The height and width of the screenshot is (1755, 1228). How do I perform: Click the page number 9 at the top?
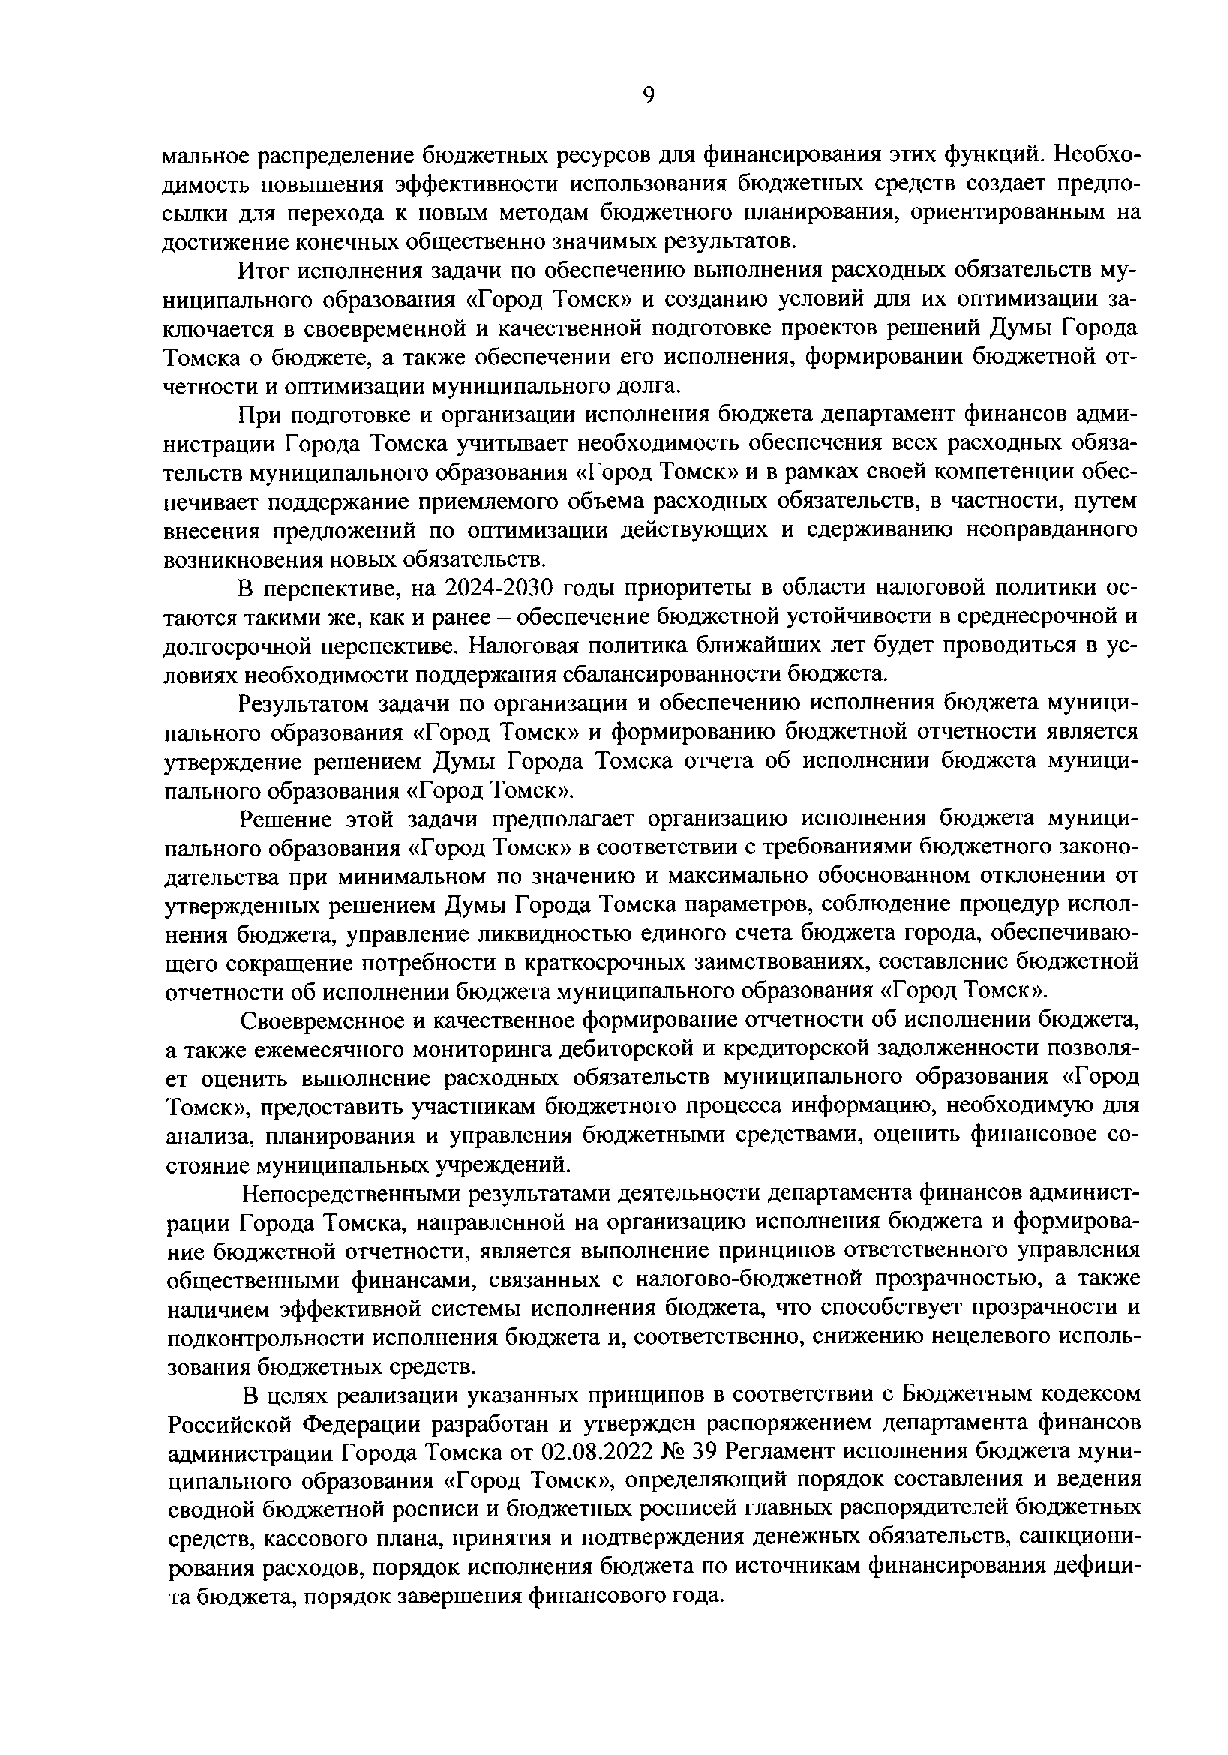648,95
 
